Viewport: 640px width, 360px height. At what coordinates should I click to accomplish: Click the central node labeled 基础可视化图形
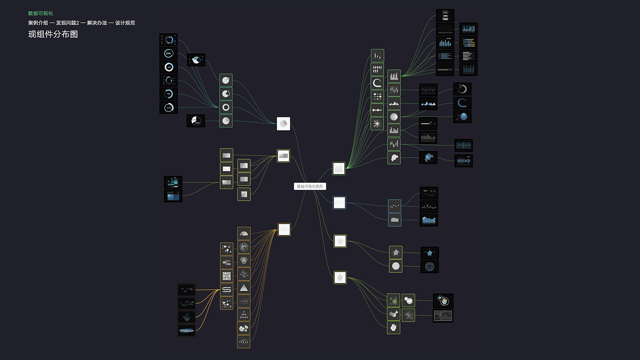pos(310,186)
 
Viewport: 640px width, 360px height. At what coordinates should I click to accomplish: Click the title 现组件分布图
pos(53,34)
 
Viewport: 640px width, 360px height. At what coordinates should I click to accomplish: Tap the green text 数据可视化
pos(40,13)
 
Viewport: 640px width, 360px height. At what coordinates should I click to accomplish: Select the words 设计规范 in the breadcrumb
pos(125,23)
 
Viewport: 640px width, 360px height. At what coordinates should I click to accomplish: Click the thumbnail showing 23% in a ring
pos(168,53)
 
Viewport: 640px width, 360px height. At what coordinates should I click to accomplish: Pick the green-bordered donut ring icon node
pos(225,107)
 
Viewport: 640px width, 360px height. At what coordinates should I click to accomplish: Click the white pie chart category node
pos(283,123)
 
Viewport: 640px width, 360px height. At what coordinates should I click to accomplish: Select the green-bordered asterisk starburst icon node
pos(377,123)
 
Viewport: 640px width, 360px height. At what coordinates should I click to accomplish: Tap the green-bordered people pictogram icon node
pos(377,69)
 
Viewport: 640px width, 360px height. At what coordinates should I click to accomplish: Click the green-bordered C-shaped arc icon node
pos(377,82)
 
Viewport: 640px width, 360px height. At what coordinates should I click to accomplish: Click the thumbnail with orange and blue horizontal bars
pos(468,42)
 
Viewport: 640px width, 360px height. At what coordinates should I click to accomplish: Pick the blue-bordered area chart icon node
pos(394,219)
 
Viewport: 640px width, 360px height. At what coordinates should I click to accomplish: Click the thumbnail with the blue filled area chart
pos(428,219)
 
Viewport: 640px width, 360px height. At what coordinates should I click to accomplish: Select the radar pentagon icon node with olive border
pos(395,252)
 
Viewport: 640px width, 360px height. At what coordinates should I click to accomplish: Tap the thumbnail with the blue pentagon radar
pos(429,253)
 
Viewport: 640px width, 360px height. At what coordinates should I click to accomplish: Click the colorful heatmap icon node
pos(393,300)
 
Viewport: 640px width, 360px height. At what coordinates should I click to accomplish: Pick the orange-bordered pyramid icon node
pos(243,287)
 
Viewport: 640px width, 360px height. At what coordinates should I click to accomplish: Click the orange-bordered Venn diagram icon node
pos(243,260)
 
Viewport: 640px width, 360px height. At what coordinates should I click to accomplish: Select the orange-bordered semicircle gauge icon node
pos(243,233)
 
